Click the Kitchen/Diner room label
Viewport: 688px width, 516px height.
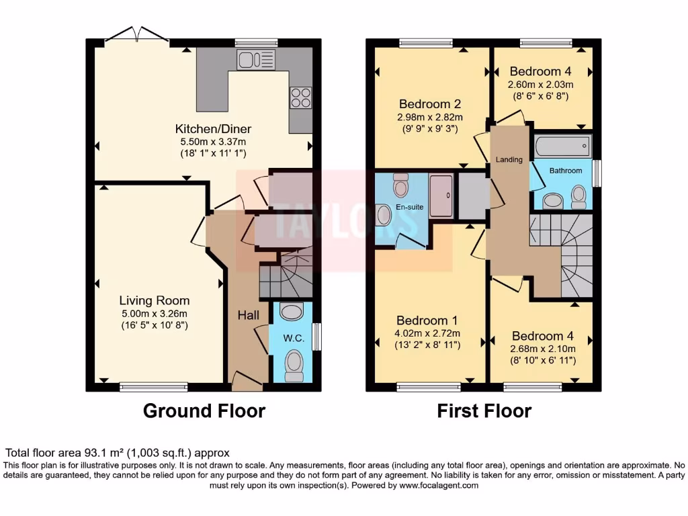point(204,129)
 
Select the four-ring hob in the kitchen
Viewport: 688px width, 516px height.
point(301,97)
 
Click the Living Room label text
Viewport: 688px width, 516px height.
point(155,300)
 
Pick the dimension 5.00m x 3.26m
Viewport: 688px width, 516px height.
point(155,313)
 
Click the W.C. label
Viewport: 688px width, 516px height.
point(294,339)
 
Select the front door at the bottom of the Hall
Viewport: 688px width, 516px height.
point(247,383)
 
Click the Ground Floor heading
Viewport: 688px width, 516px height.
point(204,411)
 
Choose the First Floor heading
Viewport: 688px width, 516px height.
point(484,411)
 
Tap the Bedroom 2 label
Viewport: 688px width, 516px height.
point(429,104)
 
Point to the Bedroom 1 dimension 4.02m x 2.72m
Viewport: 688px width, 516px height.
point(428,333)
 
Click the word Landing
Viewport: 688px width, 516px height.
point(509,159)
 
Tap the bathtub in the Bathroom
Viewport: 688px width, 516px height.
point(562,145)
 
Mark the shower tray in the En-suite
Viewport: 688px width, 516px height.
point(441,196)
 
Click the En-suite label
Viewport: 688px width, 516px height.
point(410,207)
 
